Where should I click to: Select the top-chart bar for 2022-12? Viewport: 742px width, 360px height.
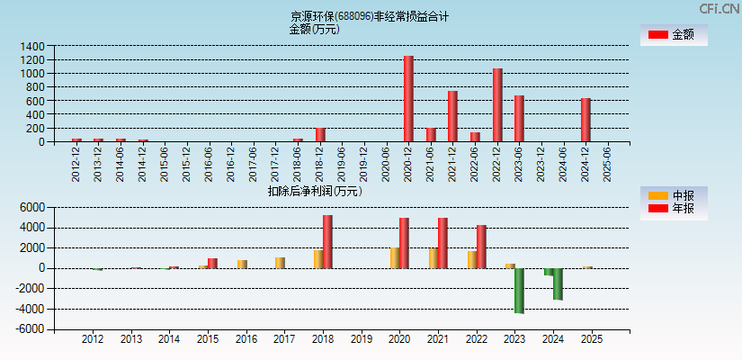point(497,105)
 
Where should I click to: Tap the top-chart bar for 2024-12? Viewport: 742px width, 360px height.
point(586,120)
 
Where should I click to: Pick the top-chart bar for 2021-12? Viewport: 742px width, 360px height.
point(452,116)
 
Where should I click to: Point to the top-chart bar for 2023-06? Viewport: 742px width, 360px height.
point(519,119)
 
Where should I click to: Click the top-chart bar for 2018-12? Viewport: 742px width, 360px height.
point(320,135)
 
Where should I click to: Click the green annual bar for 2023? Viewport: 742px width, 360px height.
point(519,290)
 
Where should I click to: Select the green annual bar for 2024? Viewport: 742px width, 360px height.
point(558,283)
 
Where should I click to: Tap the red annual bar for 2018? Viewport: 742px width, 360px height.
point(327,241)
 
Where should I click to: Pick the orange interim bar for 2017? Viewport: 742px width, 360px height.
point(280,263)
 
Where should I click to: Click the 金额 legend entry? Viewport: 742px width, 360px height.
point(673,35)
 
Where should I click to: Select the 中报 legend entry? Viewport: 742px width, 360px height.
point(673,195)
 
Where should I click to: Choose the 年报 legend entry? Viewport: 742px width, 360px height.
point(673,209)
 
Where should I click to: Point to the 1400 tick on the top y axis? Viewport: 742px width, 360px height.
point(32,46)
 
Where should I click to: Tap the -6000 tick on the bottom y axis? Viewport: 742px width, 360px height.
point(31,329)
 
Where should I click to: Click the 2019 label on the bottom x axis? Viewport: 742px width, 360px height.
point(362,339)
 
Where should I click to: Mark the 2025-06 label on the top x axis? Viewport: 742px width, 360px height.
point(608,163)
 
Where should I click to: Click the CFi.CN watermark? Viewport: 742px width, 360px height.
point(720,9)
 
